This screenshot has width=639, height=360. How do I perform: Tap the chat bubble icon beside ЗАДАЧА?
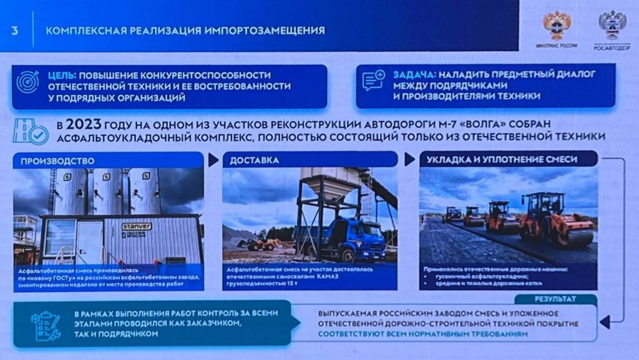(373, 81)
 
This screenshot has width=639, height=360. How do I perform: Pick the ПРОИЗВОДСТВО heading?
(57, 160)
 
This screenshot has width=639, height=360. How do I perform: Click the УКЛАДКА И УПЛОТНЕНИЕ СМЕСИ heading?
(502, 160)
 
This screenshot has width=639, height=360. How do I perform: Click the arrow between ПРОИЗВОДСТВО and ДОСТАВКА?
(213, 160)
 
